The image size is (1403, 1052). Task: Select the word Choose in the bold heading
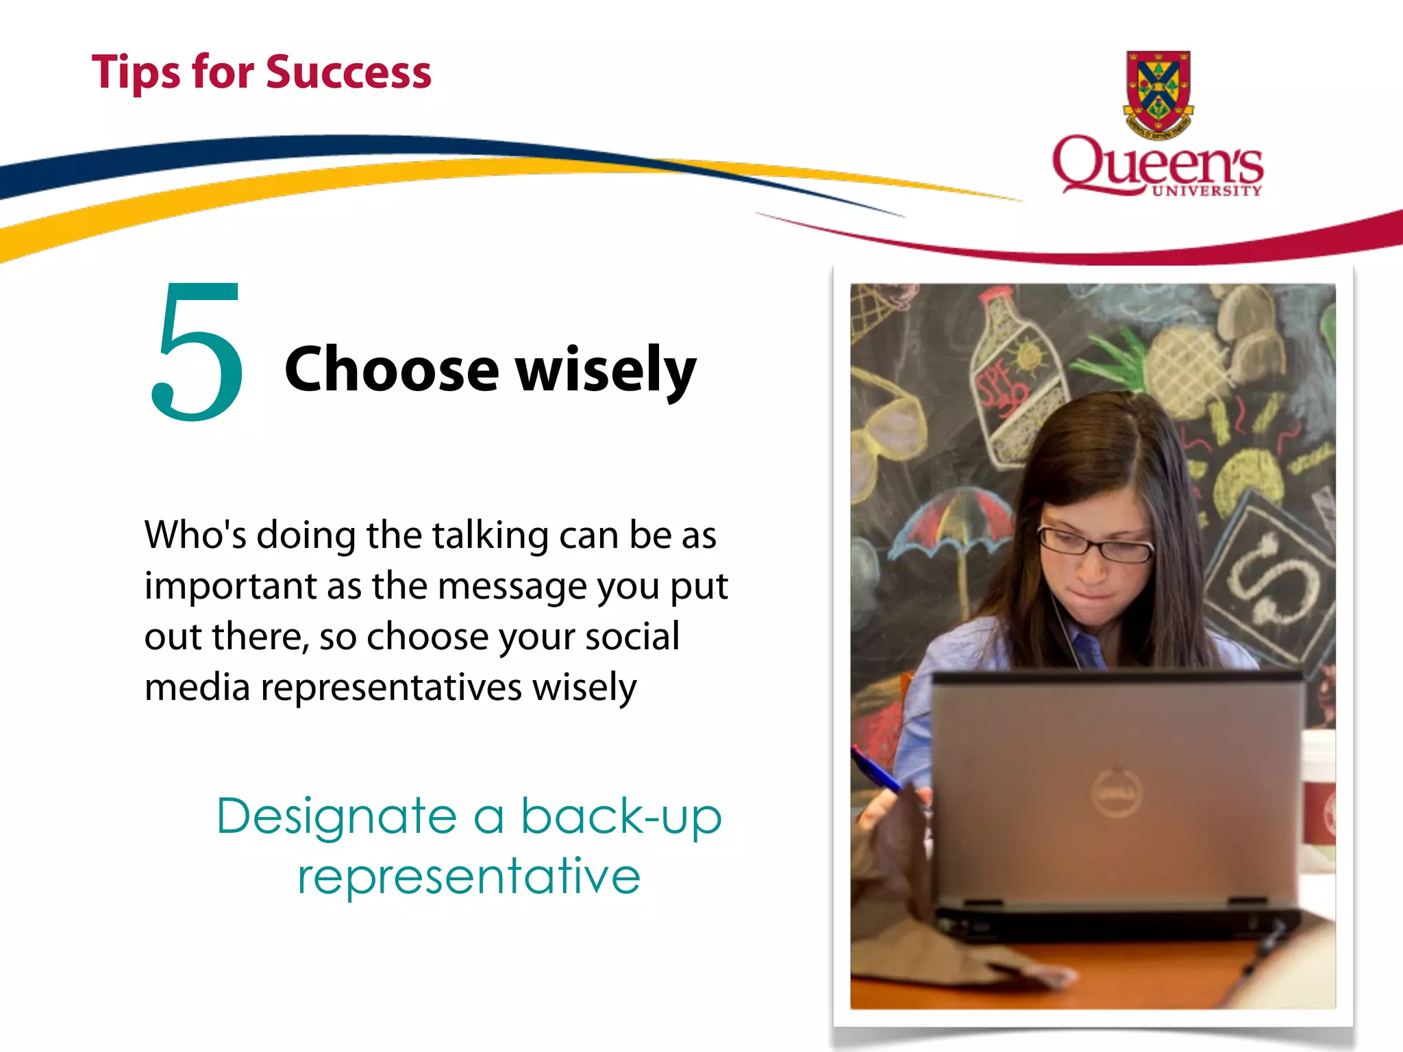point(391,370)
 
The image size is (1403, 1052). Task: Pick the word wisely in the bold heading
point(606,371)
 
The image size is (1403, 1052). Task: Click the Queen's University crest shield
point(1158,92)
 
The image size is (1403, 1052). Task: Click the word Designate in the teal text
point(336,816)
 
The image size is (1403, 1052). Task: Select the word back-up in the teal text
point(621,816)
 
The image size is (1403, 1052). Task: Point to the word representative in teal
point(469,877)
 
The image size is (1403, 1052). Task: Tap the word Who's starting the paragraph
point(195,536)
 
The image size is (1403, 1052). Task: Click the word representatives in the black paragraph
point(391,688)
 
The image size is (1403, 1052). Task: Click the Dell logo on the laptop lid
point(1117,792)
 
